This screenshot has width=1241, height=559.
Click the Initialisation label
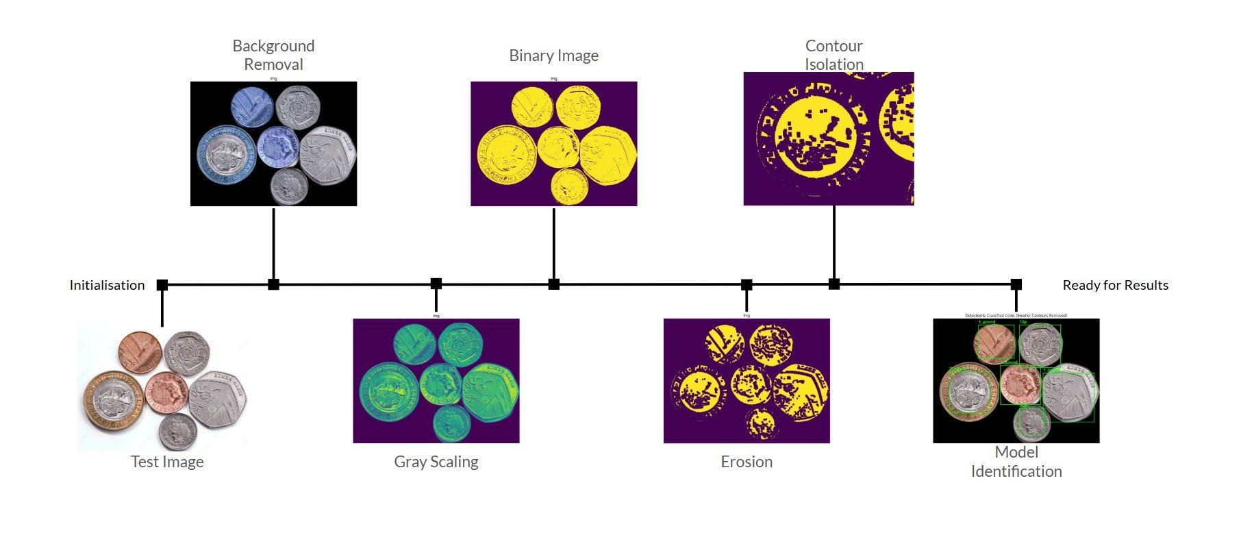[107, 285]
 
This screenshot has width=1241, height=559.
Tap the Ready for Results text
[1115, 285]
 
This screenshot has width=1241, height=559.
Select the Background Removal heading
[273, 55]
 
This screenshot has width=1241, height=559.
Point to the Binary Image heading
[553, 55]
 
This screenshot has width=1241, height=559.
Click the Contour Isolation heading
[833, 55]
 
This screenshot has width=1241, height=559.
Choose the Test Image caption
[167, 462]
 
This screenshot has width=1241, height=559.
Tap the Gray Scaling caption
[436, 462]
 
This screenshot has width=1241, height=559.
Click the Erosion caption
[747, 462]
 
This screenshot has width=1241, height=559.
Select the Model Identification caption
[1016, 462]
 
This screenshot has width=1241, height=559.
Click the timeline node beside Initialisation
[162, 285]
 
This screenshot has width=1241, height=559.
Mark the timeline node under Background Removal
[273, 284]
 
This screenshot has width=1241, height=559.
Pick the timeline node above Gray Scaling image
[436, 284]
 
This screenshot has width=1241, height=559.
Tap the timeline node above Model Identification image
[1016, 284]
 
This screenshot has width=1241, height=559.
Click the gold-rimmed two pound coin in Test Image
[113, 400]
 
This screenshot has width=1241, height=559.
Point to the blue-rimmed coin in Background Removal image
[226, 155]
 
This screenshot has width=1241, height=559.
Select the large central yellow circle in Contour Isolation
[815, 137]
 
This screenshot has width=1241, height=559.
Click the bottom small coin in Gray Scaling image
[451, 423]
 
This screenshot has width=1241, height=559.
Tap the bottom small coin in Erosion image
[761, 425]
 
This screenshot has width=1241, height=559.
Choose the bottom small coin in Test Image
[178, 432]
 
